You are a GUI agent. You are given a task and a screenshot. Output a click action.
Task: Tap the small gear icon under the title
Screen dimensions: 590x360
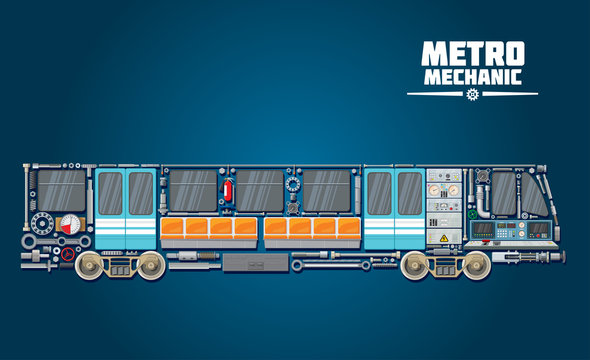click(473, 95)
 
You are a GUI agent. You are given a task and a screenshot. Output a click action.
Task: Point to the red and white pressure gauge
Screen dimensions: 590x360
click(69, 224)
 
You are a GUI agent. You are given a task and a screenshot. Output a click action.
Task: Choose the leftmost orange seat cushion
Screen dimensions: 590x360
click(173, 229)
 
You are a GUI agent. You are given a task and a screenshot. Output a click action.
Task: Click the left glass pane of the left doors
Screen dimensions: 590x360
click(109, 193)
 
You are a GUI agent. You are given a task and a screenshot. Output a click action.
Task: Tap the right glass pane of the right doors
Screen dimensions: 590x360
click(409, 193)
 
